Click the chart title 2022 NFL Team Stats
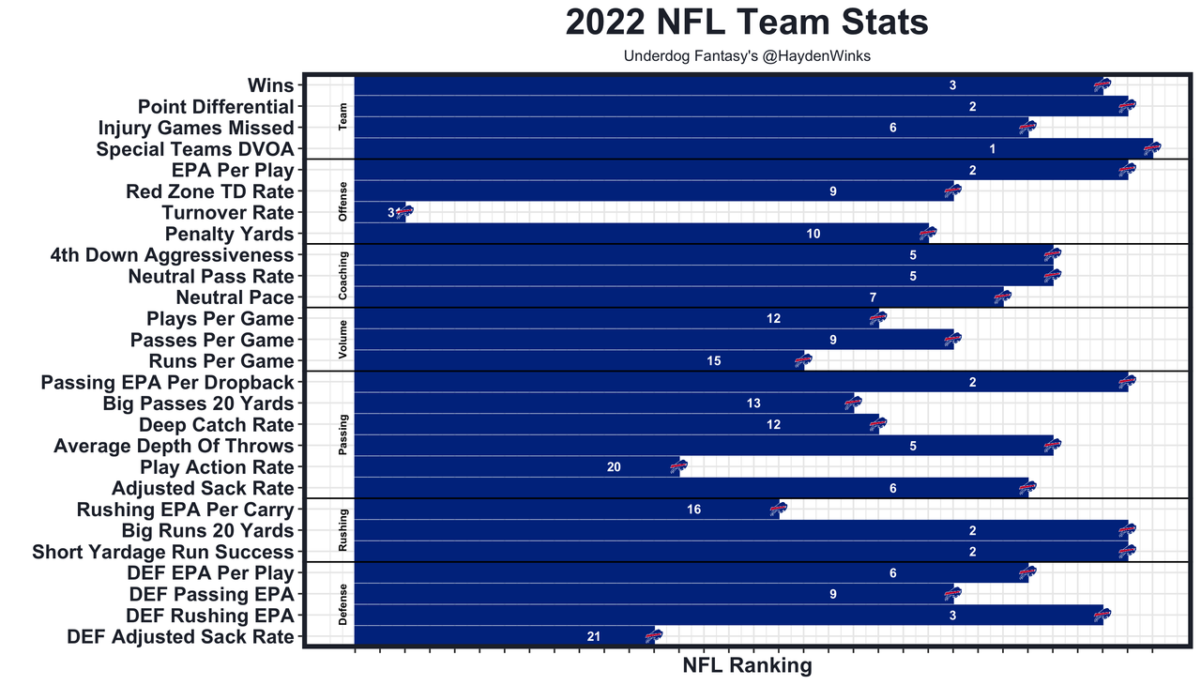746,23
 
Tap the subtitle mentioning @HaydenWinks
747,56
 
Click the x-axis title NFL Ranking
746,665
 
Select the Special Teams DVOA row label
195,149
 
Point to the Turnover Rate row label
228,213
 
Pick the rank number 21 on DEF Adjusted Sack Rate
593,636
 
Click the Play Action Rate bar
516,466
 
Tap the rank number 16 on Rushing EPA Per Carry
693,510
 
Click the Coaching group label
343,276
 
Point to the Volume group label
343,340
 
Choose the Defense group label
343,604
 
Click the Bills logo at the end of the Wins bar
1102,85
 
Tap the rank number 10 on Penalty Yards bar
813,234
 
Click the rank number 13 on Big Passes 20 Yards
753,403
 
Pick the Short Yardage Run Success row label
163,552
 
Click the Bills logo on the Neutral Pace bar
1003,297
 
